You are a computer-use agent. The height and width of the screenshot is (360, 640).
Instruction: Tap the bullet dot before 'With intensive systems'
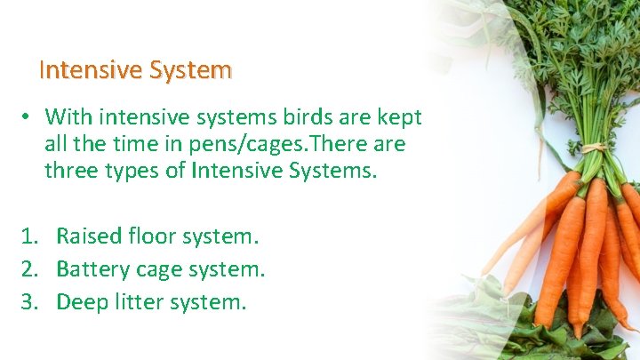tap(28, 117)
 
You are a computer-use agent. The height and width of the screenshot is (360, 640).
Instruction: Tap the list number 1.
tap(30, 236)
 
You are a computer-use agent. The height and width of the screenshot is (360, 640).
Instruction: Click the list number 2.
tap(30, 269)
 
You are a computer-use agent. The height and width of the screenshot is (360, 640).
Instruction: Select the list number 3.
tap(30, 302)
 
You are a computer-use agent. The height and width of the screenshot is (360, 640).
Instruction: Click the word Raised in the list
tap(89, 236)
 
